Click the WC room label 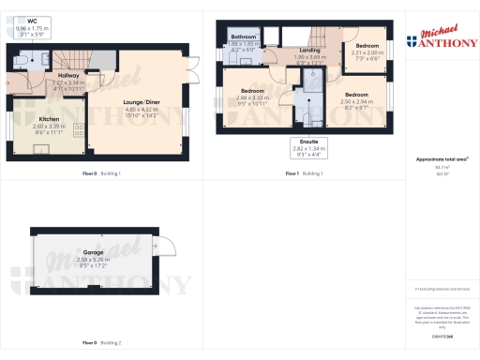tap(33, 20)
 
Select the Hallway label tap(67, 74)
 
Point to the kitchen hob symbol tap(78, 133)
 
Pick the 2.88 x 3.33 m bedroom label tap(252, 91)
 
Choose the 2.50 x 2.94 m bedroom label tap(356, 96)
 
